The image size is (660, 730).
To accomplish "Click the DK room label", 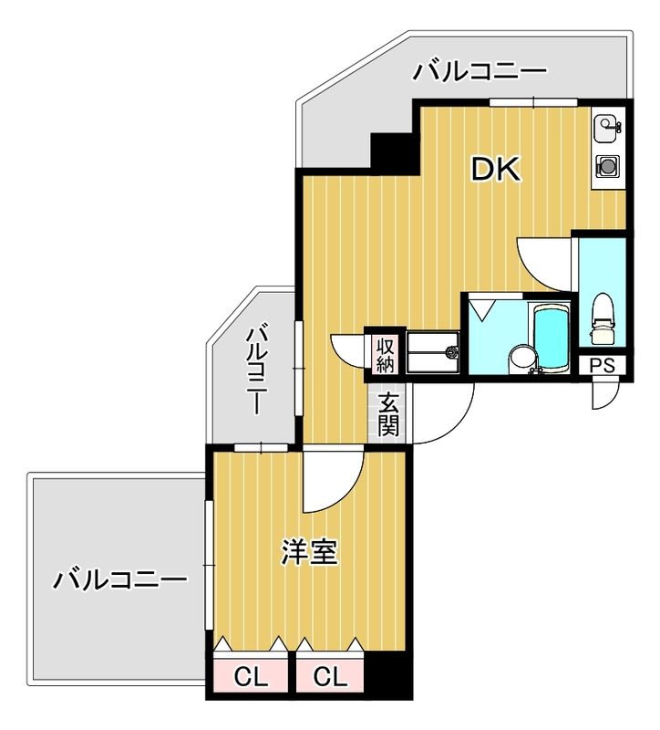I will click(x=495, y=169).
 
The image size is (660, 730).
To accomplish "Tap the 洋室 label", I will click(x=309, y=553).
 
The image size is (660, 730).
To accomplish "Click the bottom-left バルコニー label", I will click(x=119, y=579).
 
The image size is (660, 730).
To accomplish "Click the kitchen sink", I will click(x=607, y=130).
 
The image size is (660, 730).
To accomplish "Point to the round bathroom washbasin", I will click(x=521, y=356).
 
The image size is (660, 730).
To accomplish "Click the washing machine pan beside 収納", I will click(x=434, y=351).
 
